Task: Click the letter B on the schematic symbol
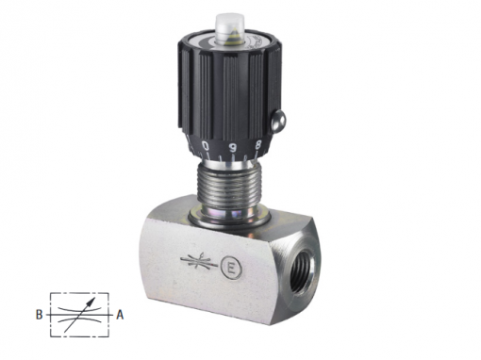[x=39, y=315]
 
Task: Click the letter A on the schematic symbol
[x=120, y=315]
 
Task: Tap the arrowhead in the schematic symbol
[x=91, y=302]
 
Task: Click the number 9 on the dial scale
[x=233, y=147]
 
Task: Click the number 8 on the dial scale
[x=258, y=145]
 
